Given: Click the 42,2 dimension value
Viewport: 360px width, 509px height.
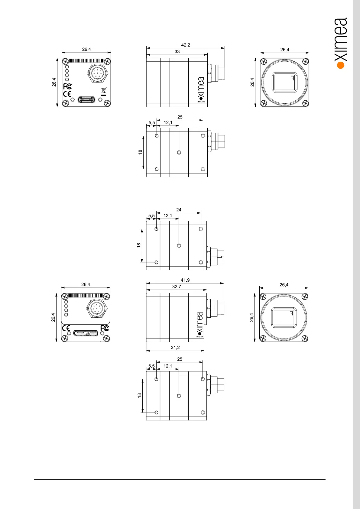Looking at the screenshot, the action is click(x=186, y=45).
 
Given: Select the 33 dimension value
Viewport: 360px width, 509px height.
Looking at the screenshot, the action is click(x=177, y=52).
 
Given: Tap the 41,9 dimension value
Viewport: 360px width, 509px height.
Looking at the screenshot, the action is click(x=185, y=280).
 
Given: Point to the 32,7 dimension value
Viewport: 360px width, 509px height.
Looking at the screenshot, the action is click(x=177, y=287).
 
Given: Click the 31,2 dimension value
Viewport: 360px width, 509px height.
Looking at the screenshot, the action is click(x=175, y=348).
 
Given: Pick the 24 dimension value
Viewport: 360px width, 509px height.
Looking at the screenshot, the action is click(x=179, y=210).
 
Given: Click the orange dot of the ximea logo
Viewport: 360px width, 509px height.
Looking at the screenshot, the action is click(x=341, y=65).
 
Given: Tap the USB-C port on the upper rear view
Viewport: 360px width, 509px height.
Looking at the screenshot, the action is click(x=86, y=99).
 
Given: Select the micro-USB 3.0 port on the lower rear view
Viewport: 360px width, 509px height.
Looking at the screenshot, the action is click(x=86, y=334).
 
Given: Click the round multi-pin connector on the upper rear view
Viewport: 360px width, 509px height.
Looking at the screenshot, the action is click(x=96, y=73).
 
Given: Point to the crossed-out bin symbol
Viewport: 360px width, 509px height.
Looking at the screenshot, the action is click(x=103, y=90).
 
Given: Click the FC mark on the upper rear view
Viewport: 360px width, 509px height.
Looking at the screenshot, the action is click(x=67, y=86).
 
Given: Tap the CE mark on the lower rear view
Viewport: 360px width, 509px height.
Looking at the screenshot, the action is click(x=66, y=328).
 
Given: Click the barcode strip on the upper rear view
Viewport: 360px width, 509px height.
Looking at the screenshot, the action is click(x=86, y=60).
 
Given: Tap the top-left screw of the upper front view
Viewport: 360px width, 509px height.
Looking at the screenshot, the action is click(x=264, y=62).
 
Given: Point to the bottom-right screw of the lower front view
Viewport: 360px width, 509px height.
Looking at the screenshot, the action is click(x=305, y=339).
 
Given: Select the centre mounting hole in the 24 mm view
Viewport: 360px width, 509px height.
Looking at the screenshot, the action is click(x=179, y=245).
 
